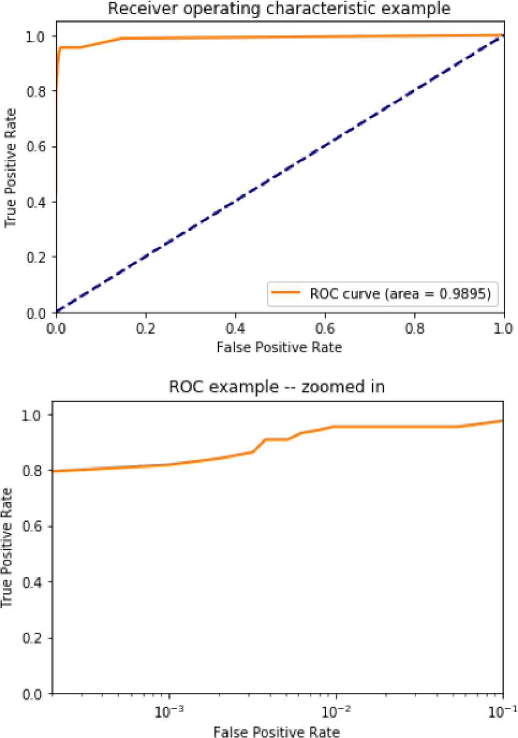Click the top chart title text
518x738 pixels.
pyautogui.click(x=279, y=9)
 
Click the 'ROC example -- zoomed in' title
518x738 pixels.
pyautogui.click(x=277, y=387)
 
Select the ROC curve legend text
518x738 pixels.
pyautogui.click(x=400, y=294)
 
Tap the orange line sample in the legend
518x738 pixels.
pyautogui.click(x=286, y=293)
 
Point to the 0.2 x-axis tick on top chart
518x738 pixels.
pyautogui.click(x=146, y=328)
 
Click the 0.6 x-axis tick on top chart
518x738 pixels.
pyautogui.click(x=325, y=328)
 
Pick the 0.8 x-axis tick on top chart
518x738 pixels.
pyautogui.click(x=415, y=328)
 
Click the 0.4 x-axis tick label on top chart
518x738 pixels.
pyautogui.click(x=235, y=328)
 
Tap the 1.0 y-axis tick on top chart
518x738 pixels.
pyautogui.click(x=35, y=36)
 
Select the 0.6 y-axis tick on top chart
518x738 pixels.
pyautogui.click(x=35, y=147)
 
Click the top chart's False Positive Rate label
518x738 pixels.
pyautogui.click(x=279, y=348)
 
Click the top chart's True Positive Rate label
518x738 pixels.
pyautogui.click(x=11, y=168)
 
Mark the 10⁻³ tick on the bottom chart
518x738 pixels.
pyautogui.click(x=169, y=712)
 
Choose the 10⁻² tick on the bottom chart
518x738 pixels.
pyautogui.click(x=336, y=712)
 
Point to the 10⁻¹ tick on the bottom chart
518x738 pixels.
pyautogui.click(x=502, y=712)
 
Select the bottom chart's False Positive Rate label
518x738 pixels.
pyautogui.click(x=277, y=732)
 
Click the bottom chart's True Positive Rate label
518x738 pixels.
pyautogui.click(x=7, y=547)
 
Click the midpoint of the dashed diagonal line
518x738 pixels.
pyautogui.click(x=279, y=174)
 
